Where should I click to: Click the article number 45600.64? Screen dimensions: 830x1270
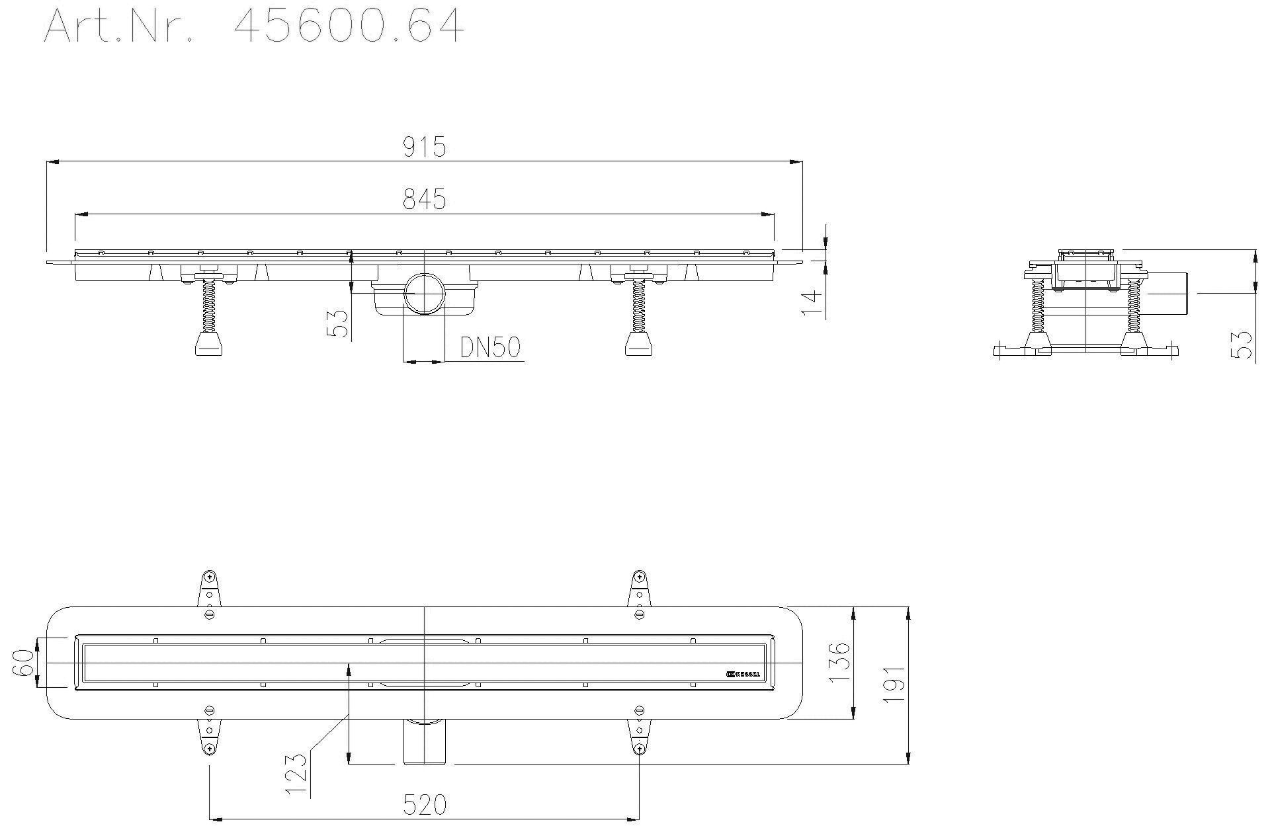pos(349,26)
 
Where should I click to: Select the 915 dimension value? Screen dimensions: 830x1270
pos(425,147)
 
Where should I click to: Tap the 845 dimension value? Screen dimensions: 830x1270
pos(425,199)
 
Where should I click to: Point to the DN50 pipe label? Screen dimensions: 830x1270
pos(491,347)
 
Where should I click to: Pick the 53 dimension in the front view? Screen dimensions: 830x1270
pos(339,324)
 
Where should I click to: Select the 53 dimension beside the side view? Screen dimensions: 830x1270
pos(1243,345)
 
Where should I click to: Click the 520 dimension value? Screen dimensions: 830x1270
pos(424,805)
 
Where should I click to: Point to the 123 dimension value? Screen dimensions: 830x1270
pos(298,774)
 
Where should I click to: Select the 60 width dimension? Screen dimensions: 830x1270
pos(24,662)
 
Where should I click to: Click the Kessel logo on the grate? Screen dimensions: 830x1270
pos(743,675)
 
